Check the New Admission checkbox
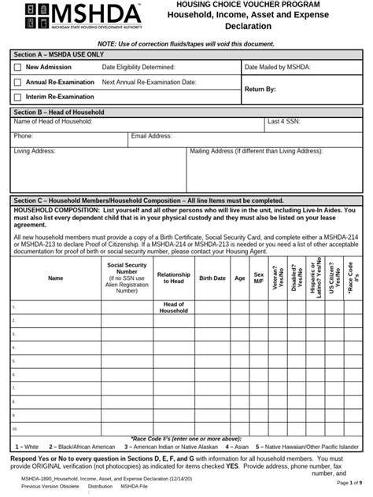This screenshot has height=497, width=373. point(17,68)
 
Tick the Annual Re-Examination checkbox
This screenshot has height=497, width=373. point(17,82)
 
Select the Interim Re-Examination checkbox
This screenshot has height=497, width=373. point(17,97)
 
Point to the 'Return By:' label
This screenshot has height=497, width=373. point(260,90)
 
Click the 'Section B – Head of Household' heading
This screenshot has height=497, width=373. point(58,112)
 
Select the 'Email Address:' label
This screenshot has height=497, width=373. point(152,136)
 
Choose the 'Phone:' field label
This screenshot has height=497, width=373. point(24,136)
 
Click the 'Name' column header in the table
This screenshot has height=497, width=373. point(55,278)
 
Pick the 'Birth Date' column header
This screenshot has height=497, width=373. point(212,278)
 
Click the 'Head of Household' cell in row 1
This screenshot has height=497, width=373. point(173,307)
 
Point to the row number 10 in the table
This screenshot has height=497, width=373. point(15,429)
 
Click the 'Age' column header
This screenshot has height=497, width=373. point(239,278)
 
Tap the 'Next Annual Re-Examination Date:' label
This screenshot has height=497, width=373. point(149,82)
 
